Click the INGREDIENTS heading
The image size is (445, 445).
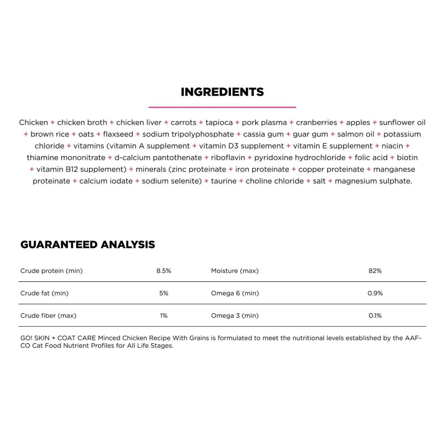tap(222, 92)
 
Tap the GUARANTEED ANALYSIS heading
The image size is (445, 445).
tap(88, 244)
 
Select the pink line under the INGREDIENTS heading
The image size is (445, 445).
tap(222, 107)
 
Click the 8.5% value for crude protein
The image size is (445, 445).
tap(164, 271)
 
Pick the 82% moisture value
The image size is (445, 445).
tap(375, 271)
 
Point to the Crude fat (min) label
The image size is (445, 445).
tap(44, 293)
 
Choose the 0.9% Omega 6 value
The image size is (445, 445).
tap(375, 293)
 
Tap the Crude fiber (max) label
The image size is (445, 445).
tap(48, 315)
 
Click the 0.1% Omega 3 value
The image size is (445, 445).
tap(375, 315)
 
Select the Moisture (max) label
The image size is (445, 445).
tap(235, 271)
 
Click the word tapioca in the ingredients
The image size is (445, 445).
tap(219, 123)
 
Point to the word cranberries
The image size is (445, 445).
tap(316, 123)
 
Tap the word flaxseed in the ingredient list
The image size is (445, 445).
tap(118, 134)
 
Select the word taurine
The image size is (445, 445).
tap(224, 181)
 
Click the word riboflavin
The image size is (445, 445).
tap(228, 158)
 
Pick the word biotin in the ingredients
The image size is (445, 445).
tap(407, 158)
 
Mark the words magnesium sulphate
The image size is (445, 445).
tap(373, 181)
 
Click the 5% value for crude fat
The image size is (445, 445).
tap(164, 293)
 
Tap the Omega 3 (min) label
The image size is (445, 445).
tap(235, 315)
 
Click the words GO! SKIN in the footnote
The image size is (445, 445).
tap(35, 338)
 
